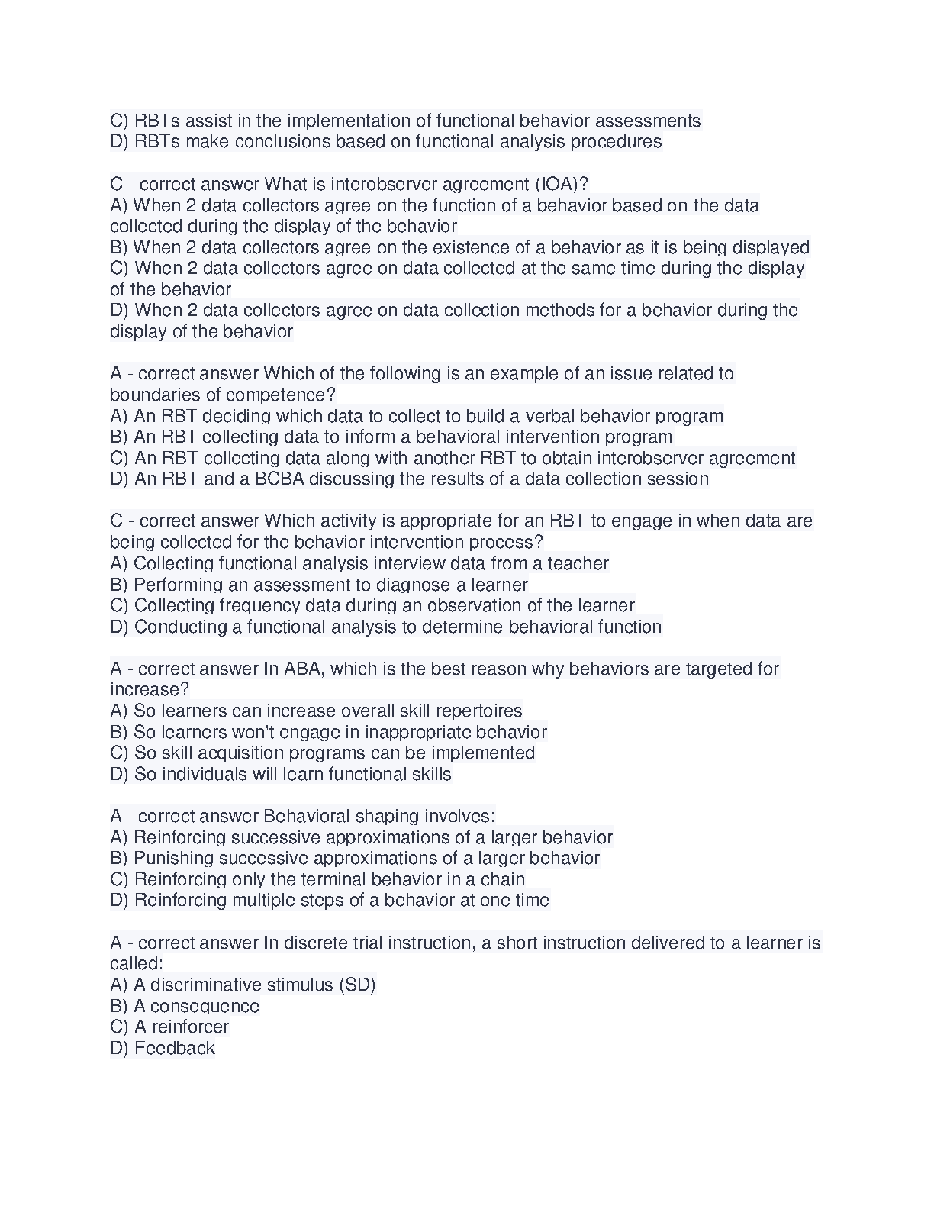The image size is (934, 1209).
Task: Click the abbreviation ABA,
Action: click(x=304, y=669)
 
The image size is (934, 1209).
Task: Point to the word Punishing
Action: click(x=173, y=858)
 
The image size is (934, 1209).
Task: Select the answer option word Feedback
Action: click(x=175, y=1048)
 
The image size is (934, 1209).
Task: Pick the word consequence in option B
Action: click(x=205, y=1006)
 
